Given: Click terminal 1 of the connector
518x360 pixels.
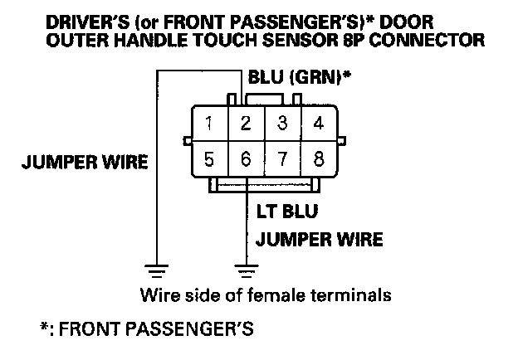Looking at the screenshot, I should pos(211,124).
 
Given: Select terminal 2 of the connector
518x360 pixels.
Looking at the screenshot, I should pos(247,124).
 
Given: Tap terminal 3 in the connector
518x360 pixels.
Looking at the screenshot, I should pos(282,124).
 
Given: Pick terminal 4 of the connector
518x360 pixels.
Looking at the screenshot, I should pos(318,124).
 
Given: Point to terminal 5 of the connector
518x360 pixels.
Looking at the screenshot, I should pos(211,158).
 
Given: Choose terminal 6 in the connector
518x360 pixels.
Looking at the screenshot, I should pos(247,158).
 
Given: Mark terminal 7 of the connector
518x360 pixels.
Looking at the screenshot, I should pos(282,158).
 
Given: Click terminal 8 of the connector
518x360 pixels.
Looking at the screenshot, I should pos(318,158).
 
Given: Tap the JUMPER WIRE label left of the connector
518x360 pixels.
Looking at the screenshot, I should pos(83,162).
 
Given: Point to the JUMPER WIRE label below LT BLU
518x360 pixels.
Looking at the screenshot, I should pos(319,241).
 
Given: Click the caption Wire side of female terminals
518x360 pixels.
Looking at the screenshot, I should pos(265,295).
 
